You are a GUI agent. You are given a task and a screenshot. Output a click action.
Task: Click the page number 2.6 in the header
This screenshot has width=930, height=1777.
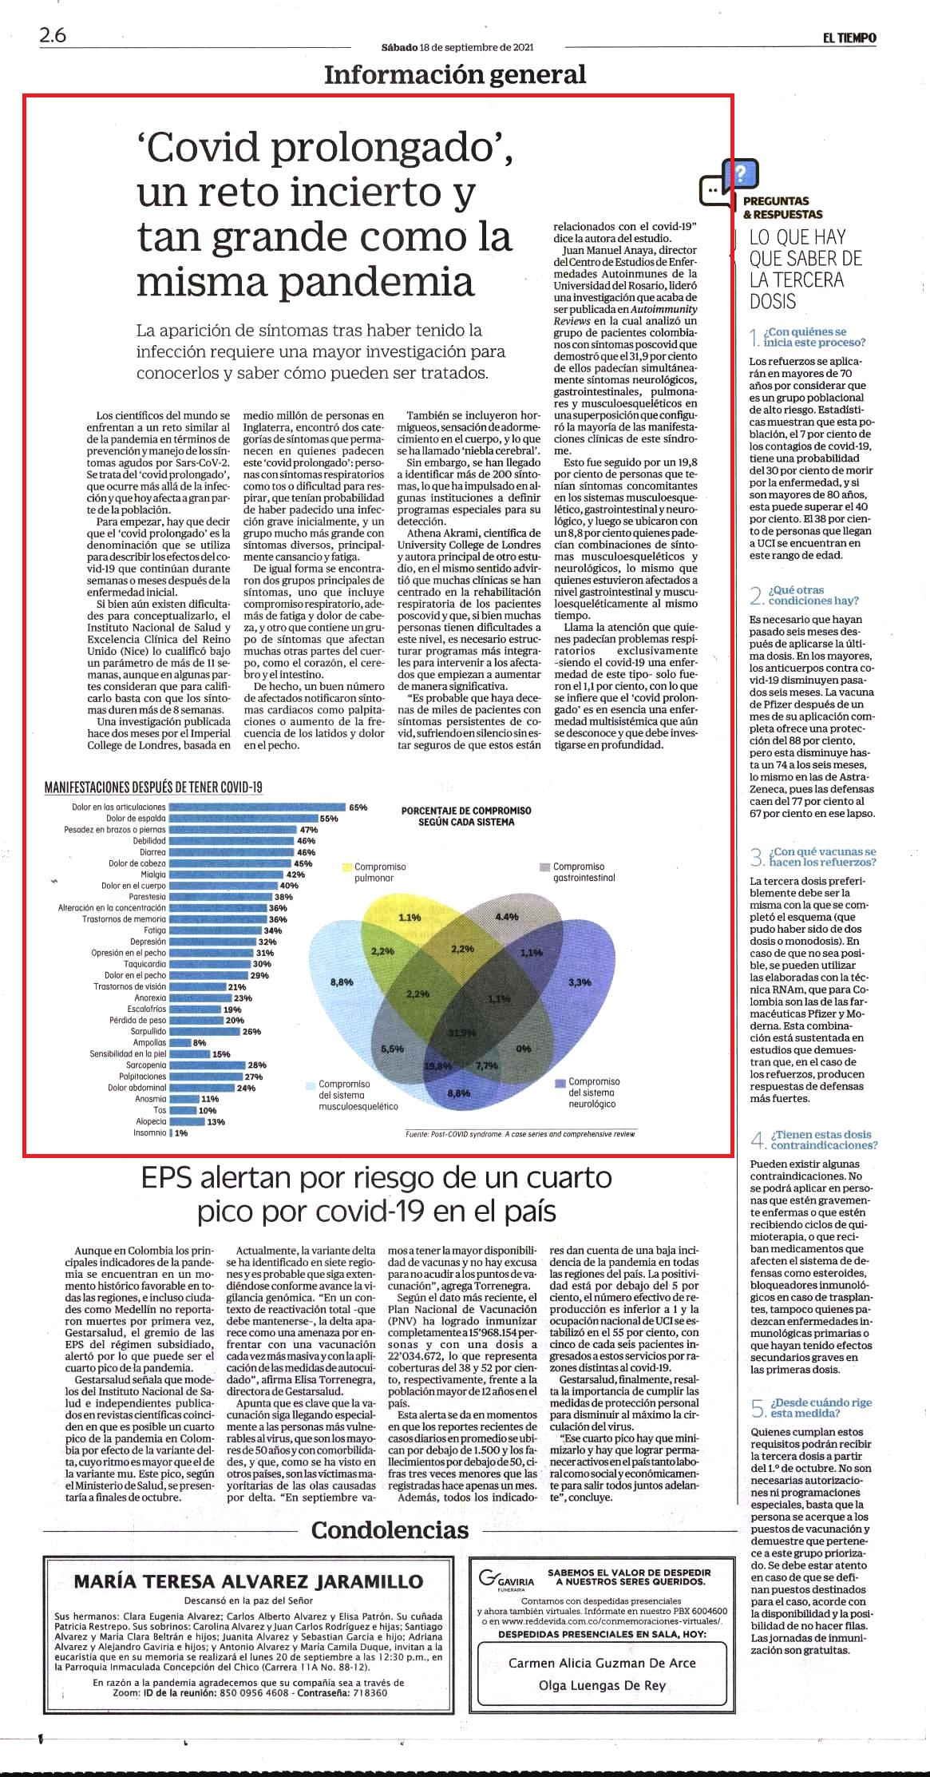coord(53,36)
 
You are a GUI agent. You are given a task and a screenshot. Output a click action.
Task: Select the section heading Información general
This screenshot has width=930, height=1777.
coord(455,74)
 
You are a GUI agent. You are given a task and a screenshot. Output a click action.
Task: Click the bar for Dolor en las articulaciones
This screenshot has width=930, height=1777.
coord(257,807)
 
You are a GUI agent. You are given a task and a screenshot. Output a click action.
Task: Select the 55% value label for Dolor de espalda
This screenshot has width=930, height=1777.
coord(329,819)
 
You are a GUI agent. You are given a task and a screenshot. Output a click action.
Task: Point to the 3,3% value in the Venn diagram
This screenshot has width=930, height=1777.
coord(580,982)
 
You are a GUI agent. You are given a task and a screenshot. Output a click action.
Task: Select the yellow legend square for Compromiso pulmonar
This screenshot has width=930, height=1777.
coord(347,867)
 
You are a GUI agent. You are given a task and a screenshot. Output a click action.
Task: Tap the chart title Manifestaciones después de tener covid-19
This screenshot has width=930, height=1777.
coord(153,787)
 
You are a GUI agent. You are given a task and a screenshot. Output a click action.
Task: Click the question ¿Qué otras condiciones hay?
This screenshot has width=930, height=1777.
coord(813,595)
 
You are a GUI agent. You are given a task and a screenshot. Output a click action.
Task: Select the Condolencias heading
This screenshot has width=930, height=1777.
coord(390,1530)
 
